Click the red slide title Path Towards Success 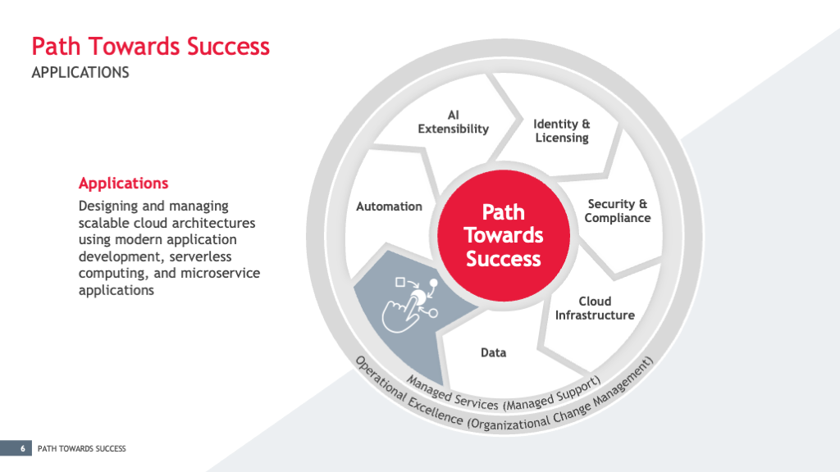pos(151,47)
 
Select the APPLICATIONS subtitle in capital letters pos(80,73)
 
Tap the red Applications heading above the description pos(123,184)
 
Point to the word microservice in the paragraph pos(220,273)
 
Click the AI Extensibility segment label pos(453,122)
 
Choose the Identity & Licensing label pos(561,131)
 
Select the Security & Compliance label pos(617,211)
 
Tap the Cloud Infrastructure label pos(595,308)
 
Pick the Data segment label pos(493,352)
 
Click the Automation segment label pos(389,206)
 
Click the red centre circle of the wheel pos(504,235)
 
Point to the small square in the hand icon pos(400,282)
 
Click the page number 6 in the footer pos(22,448)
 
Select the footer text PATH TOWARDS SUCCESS pos(81,448)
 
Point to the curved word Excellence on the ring pos(435,411)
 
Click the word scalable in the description pos(104,223)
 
